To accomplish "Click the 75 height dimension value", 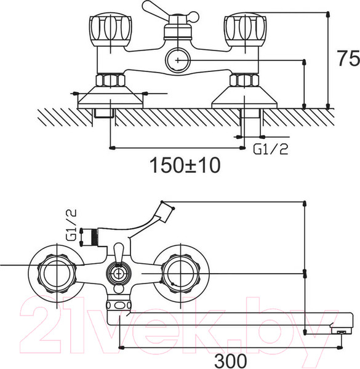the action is pos(348,58).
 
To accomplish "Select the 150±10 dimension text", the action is pos(185,165).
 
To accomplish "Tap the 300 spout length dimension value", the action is pos(231,360).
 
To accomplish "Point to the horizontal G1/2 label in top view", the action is pos(271,149).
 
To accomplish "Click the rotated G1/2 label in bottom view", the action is pos(71,224).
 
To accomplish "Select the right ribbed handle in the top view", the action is pos(245,30).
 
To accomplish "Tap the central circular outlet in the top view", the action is pos(178,60).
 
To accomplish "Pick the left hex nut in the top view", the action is pos(110,80).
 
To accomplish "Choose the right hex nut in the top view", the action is pos(244,80).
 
